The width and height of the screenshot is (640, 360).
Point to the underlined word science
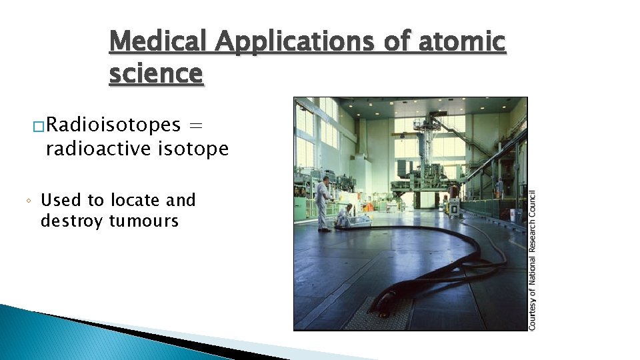(155, 73)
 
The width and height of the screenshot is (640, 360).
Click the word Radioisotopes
(113, 125)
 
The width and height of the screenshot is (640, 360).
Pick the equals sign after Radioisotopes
(196, 125)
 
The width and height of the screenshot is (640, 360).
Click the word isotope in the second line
(194, 149)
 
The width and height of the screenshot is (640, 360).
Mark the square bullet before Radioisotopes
(37, 125)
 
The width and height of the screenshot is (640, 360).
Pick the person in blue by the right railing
(499, 187)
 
